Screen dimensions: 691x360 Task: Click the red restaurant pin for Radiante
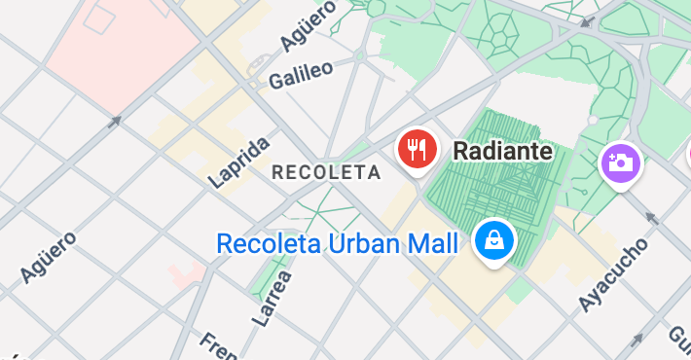(x=418, y=149)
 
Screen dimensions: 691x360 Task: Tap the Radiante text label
(x=502, y=151)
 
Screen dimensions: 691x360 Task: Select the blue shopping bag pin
(x=493, y=238)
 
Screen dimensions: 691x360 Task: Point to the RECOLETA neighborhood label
(x=325, y=172)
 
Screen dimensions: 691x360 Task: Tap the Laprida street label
(x=239, y=162)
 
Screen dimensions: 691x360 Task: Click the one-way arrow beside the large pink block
(x=115, y=122)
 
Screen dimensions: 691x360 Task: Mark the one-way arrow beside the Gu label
(x=637, y=340)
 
